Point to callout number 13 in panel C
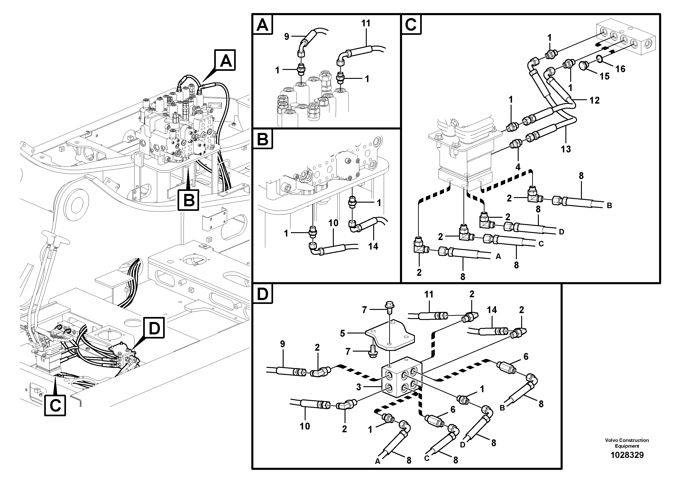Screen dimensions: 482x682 [x=566, y=149]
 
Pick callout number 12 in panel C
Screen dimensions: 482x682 [x=594, y=100]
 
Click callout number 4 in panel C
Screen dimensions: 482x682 [x=518, y=167]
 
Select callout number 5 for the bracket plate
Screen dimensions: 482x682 [x=342, y=333]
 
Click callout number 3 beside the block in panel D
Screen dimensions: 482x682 [x=359, y=387]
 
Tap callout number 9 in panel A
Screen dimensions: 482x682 [x=287, y=37]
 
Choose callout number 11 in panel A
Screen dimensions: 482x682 [x=366, y=23]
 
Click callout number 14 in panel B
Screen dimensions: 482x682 [x=373, y=246]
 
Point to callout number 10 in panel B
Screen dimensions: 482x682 [x=333, y=223]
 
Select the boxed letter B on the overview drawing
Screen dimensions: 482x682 [x=189, y=200]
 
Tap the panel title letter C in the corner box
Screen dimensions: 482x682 [x=411, y=24]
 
